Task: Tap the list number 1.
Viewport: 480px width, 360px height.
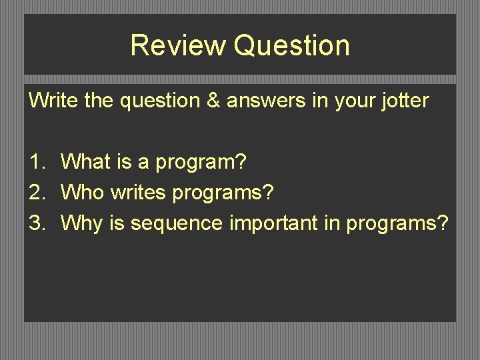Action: [36, 161]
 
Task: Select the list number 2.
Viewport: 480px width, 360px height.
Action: [36, 192]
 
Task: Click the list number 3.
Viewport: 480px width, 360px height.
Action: [36, 223]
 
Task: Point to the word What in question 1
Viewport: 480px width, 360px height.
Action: [84, 161]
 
